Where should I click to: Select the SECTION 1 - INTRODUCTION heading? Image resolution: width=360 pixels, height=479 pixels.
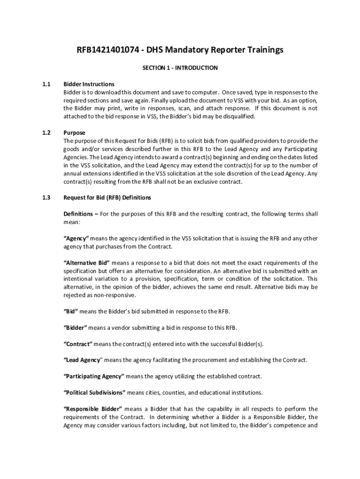click(180, 68)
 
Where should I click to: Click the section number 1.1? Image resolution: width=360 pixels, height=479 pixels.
click(46, 84)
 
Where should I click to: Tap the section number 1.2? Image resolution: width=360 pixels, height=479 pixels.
click(46, 133)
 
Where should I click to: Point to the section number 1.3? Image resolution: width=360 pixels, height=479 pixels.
click(46, 197)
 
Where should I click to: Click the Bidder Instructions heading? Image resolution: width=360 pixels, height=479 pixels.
click(89, 84)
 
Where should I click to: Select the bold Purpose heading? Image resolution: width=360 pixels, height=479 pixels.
click(74, 133)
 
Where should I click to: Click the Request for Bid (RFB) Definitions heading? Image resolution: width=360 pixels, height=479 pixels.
click(107, 197)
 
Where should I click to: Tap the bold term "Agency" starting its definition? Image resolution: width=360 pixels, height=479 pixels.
click(76, 239)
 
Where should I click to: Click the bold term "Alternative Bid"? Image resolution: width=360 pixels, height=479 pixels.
click(86, 263)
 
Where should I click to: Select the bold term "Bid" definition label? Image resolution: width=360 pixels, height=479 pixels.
click(71, 312)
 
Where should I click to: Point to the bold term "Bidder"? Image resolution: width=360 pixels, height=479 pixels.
click(75, 327)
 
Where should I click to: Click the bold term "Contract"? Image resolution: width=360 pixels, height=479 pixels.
click(78, 344)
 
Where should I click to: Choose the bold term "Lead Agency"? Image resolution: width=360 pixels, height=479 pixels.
click(82, 360)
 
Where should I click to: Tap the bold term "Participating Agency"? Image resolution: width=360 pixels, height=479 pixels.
click(94, 376)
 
